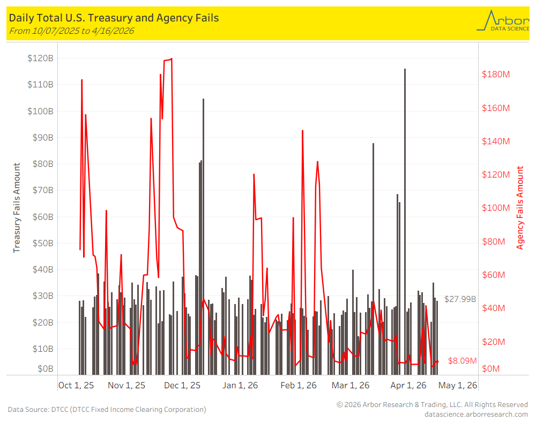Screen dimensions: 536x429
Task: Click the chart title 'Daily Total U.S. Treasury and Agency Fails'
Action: tap(114, 18)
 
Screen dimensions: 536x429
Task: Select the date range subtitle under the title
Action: tap(71, 31)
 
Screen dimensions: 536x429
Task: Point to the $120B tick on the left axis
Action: tap(40, 58)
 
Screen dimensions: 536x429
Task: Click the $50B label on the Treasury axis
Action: tap(43, 243)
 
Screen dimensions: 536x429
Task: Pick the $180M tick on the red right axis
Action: tap(496, 74)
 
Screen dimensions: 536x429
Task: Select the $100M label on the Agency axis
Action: tap(496, 208)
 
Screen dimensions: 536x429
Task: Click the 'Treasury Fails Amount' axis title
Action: tap(17, 208)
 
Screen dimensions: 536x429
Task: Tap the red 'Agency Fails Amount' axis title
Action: tap(519, 208)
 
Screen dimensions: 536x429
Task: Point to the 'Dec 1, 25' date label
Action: tap(182, 386)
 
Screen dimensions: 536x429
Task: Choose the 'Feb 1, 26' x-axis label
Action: tap(299, 386)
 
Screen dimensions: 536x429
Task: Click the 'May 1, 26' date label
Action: tap(458, 386)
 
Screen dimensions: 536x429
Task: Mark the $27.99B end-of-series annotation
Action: tap(460, 299)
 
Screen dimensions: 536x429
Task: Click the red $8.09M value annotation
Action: tap(462, 360)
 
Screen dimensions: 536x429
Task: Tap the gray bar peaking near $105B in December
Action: tap(203, 236)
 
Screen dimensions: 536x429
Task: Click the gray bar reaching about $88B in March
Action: tap(373, 259)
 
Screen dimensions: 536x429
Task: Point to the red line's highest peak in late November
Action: tap(172, 59)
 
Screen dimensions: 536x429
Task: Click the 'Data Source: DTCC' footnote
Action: tap(107, 410)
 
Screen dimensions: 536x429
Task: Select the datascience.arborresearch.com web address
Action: tap(476, 415)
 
